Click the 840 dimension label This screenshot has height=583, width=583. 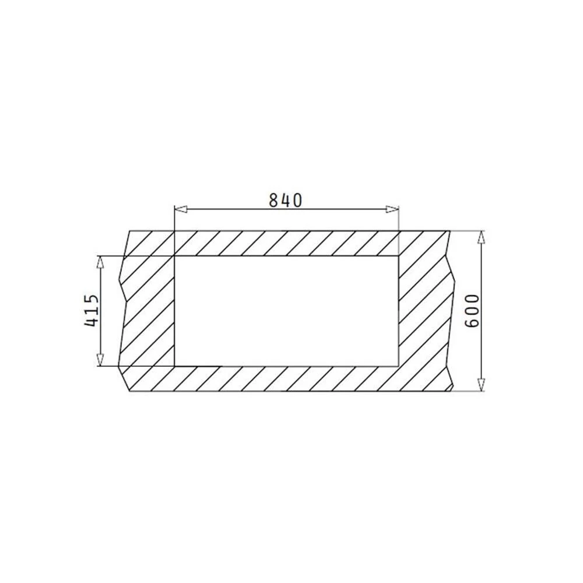(285, 201)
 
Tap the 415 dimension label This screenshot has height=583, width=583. (92, 311)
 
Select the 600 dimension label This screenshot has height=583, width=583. (472, 311)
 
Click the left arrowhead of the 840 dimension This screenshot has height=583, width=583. (180, 209)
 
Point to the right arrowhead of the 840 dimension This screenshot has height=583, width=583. (392, 209)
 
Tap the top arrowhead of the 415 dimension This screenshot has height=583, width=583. (100, 262)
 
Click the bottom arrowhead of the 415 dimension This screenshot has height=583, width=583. (100, 360)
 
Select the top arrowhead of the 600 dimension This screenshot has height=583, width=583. (481, 237)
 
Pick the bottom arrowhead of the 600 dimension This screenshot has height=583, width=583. (481, 385)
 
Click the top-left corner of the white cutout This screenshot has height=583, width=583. (174, 256)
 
